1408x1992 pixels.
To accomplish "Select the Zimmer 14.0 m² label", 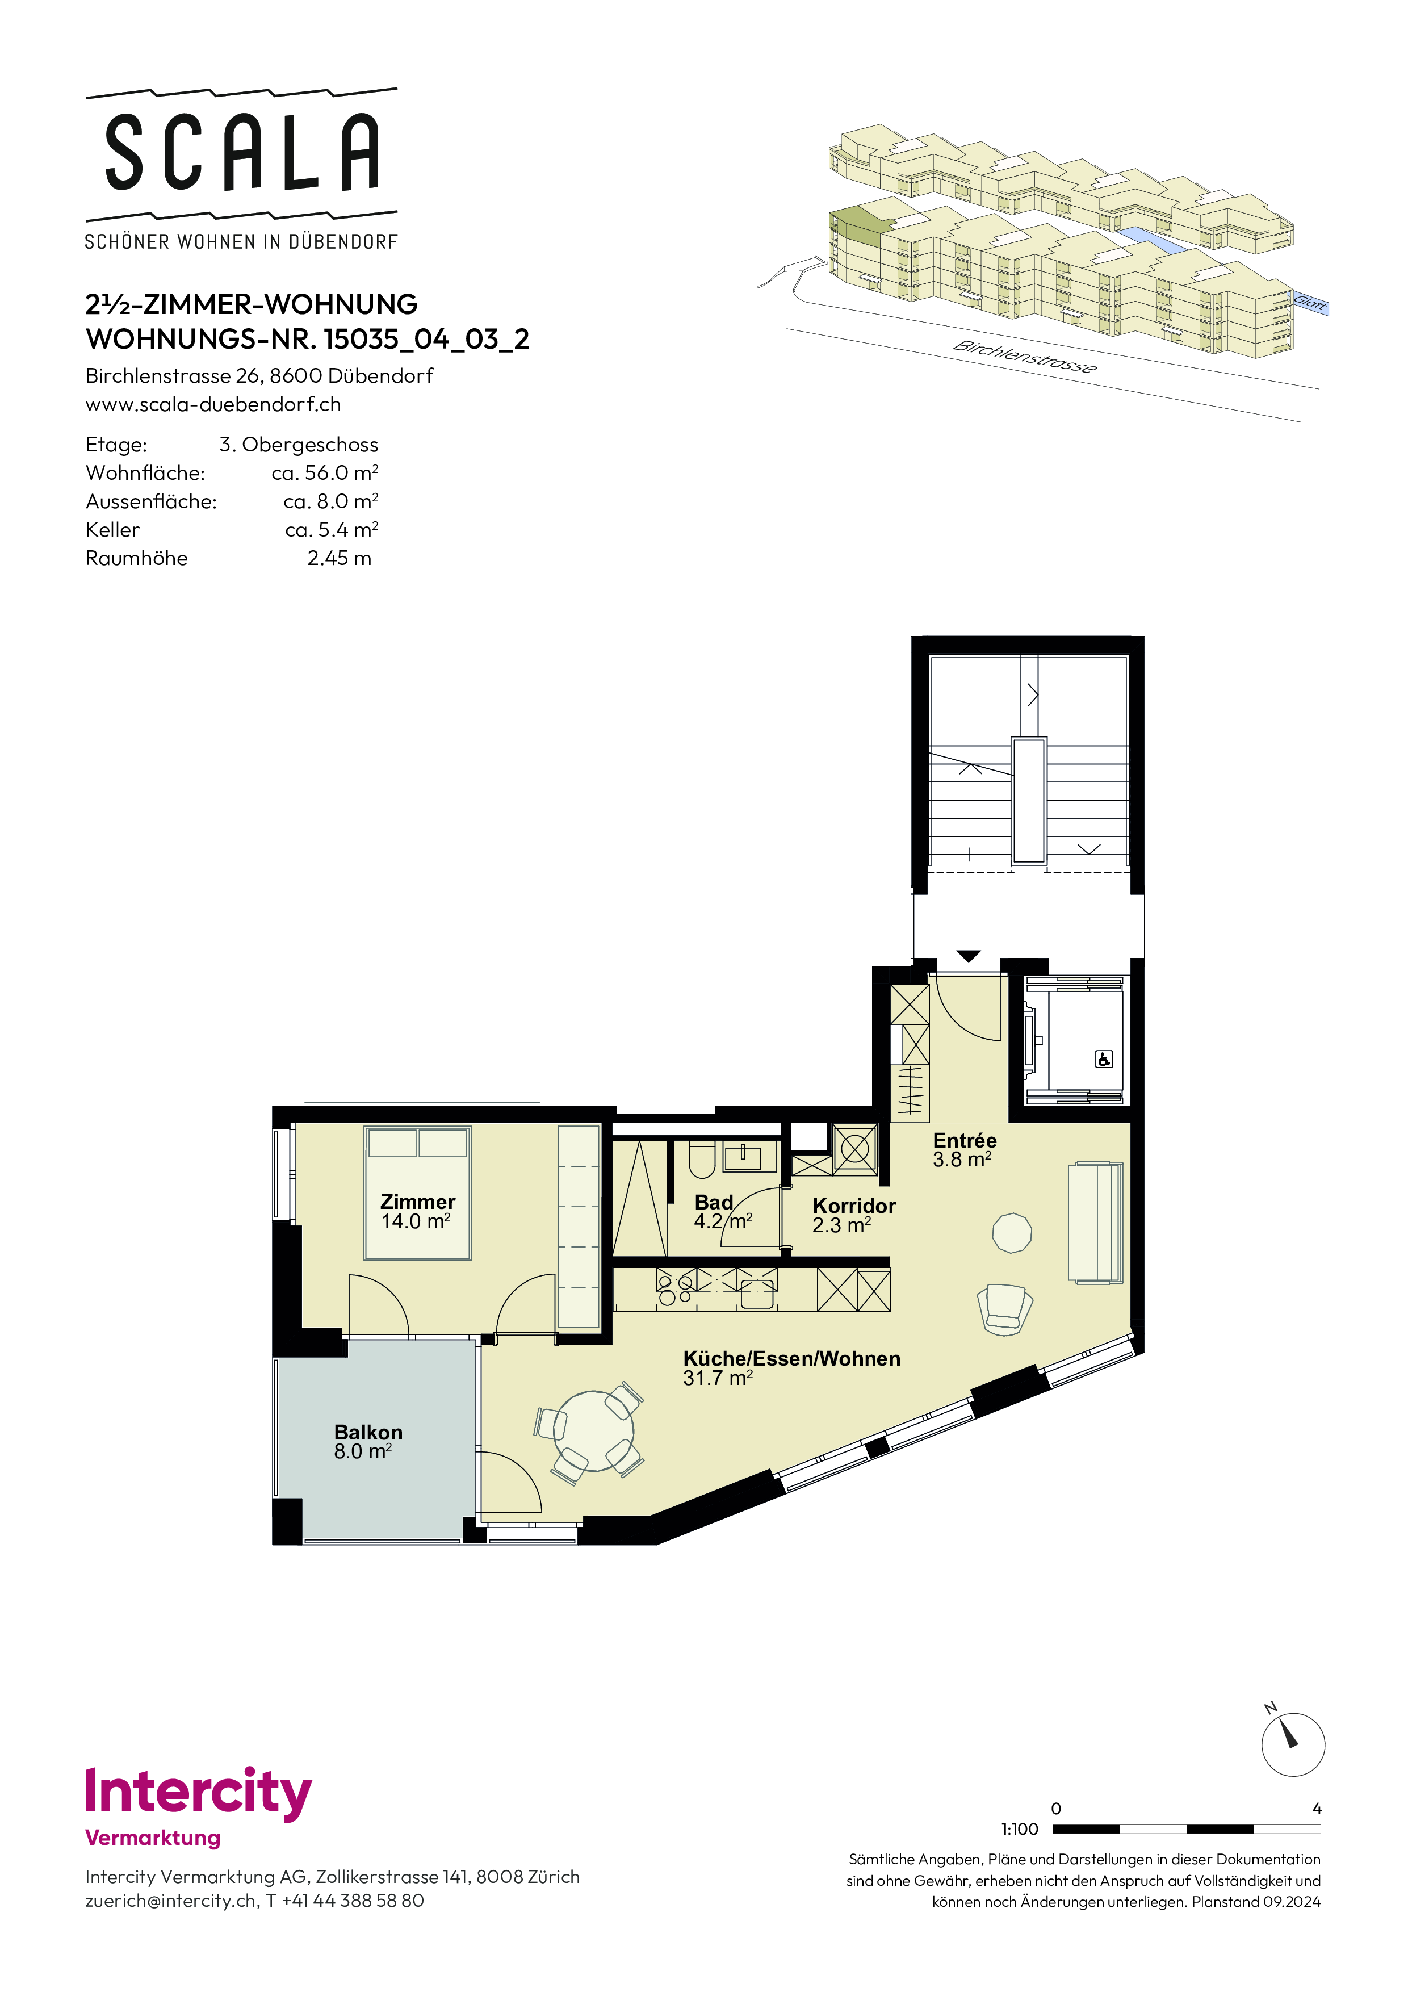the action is pyautogui.click(x=417, y=1211).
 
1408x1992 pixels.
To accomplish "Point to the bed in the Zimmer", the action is pyautogui.click(x=418, y=1193).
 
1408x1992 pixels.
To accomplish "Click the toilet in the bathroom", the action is pyautogui.click(x=701, y=1158).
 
